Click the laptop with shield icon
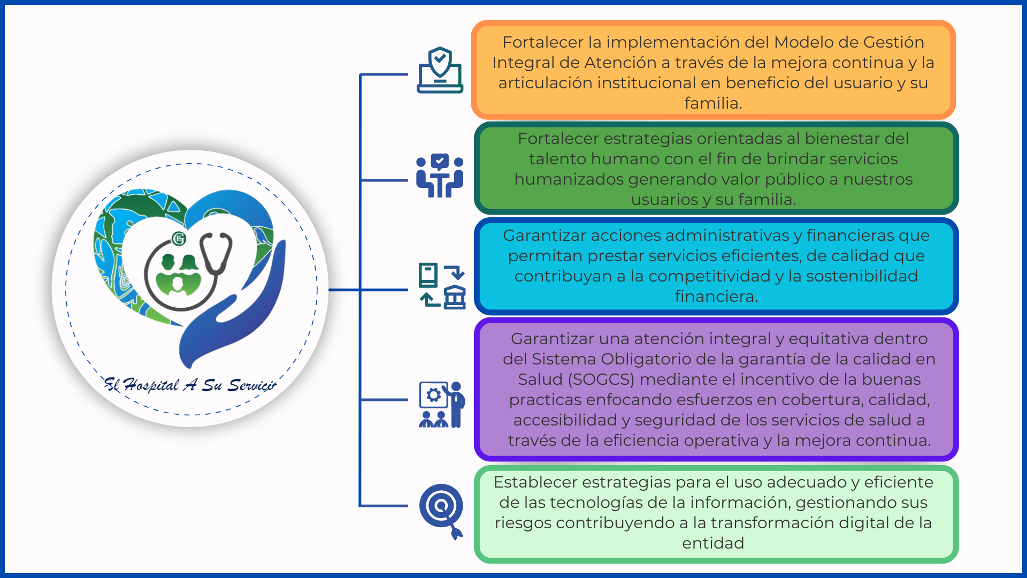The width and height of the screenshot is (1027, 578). [x=440, y=70]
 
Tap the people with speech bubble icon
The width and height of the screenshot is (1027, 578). [x=440, y=176]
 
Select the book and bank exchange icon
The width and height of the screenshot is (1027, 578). [x=442, y=286]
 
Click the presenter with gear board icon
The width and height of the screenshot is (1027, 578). [x=442, y=405]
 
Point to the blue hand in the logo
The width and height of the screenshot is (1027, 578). [x=235, y=310]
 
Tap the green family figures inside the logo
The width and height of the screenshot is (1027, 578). [x=179, y=275]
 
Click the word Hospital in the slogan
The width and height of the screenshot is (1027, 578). [x=151, y=385]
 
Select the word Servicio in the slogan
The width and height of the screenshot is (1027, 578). [x=252, y=385]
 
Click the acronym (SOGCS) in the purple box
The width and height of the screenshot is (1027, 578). [x=601, y=379]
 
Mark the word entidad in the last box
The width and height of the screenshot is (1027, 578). [x=713, y=543]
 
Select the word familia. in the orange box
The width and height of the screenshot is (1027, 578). [x=713, y=103]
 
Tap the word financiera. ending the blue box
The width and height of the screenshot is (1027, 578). [x=716, y=296]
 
